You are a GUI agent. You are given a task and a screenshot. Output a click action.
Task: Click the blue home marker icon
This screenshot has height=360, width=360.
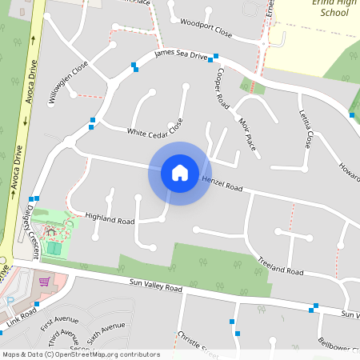click(x=180, y=173)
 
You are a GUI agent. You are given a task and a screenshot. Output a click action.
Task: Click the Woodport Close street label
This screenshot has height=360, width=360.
click(x=206, y=29)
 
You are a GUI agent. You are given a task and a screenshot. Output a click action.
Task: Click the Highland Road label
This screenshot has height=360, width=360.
click(x=110, y=218)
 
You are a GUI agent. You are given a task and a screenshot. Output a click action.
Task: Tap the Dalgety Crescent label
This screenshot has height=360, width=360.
click(x=28, y=230)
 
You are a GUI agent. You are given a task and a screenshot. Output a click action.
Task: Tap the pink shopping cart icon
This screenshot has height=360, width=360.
click(x=44, y=281)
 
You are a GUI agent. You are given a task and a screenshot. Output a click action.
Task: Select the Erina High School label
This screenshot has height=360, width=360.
click(x=334, y=8)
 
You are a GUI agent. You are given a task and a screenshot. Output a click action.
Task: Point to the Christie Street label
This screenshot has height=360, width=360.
click(x=197, y=344)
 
